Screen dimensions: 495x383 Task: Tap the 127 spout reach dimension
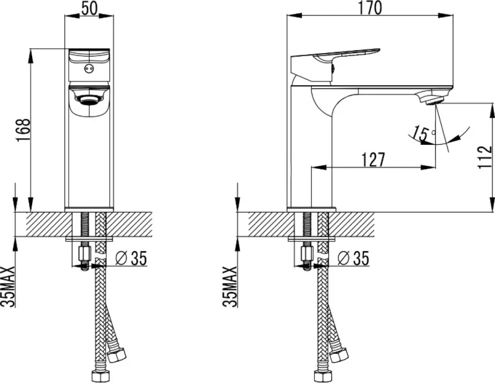pyautogui.click(x=373, y=160)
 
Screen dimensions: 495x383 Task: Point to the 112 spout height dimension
pyautogui.click(x=485, y=158)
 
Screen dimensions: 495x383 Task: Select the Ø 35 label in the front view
pyautogui.click(x=131, y=259)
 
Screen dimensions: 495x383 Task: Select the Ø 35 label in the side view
pyautogui.click(x=353, y=259)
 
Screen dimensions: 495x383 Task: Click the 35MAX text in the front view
pyautogui.click(x=9, y=287)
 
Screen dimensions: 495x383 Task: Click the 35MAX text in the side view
pyautogui.click(x=230, y=287)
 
